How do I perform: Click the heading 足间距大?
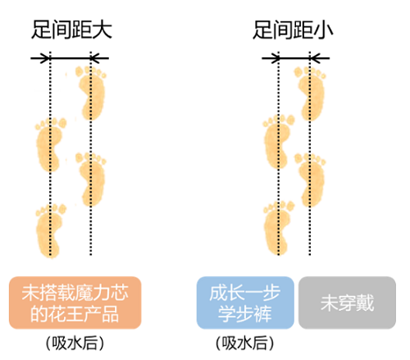click(71, 30)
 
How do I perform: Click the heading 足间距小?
click(293, 30)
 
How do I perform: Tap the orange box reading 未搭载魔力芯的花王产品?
click(75, 303)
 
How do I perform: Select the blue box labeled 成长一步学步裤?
click(245, 303)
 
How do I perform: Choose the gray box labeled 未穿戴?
click(347, 303)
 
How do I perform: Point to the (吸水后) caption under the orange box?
click(75, 343)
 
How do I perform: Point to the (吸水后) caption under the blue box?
click(245, 343)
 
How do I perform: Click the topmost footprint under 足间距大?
click(91, 93)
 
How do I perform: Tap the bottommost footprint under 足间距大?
click(50, 231)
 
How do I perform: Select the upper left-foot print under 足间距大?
click(50, 145)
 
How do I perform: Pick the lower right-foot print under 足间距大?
click(91, 180)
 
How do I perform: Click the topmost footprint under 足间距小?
click(310, 93)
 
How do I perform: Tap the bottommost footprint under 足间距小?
click(278, 228)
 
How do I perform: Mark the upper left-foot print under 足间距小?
click(278, 142)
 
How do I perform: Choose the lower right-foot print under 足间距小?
click(310, 180)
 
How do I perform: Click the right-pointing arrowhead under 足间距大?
click(45, 58)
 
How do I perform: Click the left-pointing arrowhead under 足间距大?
click(96, 58)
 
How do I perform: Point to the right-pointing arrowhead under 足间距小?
click(274, 58)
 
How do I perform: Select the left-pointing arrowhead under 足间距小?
click(315, 58)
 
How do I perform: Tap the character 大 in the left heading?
click(102, 30)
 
